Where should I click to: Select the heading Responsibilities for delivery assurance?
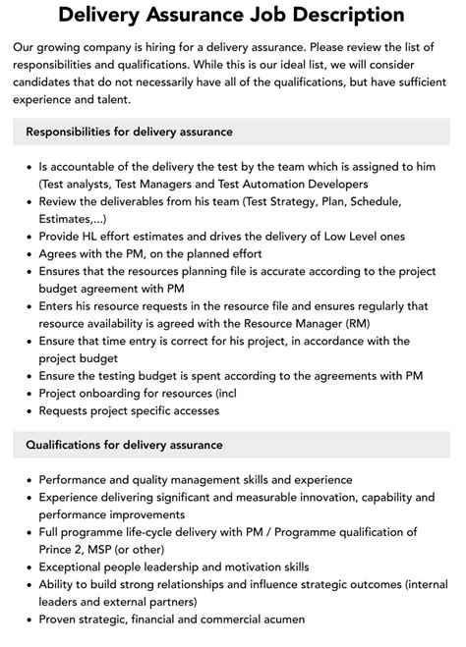129,131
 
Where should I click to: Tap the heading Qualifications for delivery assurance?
124,445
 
